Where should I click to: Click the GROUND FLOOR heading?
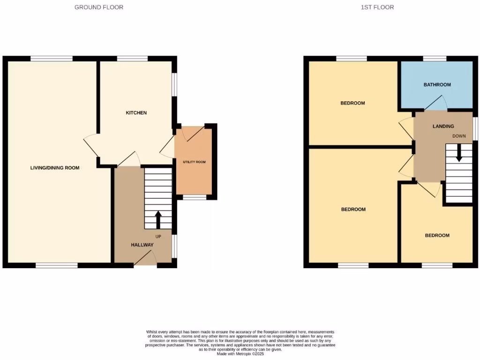click(x=99, y=7)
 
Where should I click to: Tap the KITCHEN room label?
click(x=136, y=113)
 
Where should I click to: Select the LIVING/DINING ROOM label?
click(x=55, y=168)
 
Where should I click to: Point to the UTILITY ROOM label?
click(x=194, y=162)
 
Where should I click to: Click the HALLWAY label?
click(x=142, y=245)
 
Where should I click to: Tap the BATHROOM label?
click(x=437, y=85)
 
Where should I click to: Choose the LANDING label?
click(x=443, y=126)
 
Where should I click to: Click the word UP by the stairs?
click(x=158, y=236)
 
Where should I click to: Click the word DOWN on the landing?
click(x=459, y=136)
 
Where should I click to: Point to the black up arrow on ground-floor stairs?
click(x=158, y=219)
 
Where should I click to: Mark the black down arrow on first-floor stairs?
click(x=459, y=152)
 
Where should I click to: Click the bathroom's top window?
click(x=435, y=59)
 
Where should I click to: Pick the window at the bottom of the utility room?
click(x=194, y=198)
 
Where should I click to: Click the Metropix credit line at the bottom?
click(x=240, y=353)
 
